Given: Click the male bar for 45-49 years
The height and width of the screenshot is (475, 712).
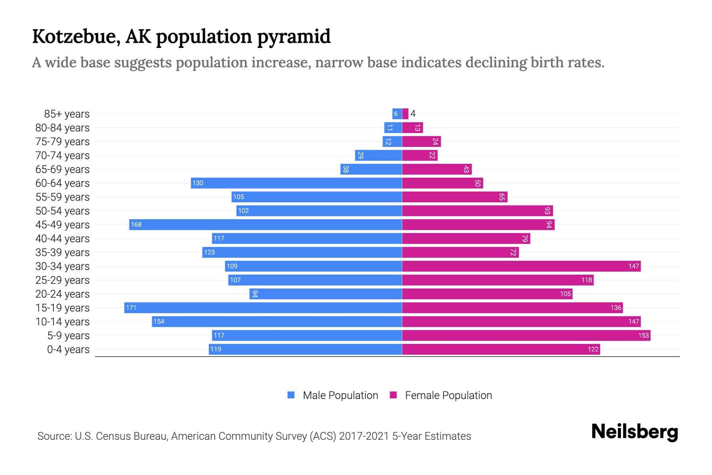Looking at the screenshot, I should [265, 224].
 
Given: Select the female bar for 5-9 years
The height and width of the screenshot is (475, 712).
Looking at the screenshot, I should [526, 335].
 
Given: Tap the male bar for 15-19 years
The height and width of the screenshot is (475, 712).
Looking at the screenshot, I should [263, 308].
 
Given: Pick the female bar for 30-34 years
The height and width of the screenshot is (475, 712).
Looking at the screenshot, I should [521, 266].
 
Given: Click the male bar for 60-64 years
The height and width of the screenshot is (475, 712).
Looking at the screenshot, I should [297, 183].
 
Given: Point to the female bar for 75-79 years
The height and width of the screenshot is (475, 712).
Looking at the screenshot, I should [421, 141].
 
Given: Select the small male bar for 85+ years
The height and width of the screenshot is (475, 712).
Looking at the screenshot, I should [397, 114].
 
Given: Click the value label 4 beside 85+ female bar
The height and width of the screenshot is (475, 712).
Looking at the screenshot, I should [413, 114].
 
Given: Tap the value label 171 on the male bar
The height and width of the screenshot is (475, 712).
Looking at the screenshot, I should [131, 308].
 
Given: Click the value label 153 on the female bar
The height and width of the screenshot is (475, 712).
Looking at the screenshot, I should [643, 335].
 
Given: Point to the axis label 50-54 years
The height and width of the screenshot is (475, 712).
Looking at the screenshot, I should [62, 211].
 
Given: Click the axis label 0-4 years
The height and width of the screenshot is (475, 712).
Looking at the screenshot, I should [68, 349].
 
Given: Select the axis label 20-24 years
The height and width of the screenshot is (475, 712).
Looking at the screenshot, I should [62, 294].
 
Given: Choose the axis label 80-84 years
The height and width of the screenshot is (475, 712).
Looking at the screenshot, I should [62, 127].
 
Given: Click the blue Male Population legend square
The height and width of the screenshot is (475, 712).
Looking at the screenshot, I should [291, 395].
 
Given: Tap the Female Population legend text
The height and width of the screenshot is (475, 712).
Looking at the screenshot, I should [448, 395].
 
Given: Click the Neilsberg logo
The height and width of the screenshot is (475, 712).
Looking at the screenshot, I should [634, 431].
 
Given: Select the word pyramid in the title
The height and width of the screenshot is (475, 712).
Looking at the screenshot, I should [294, 36].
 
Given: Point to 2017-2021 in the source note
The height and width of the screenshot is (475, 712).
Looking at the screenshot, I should [364, 436].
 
